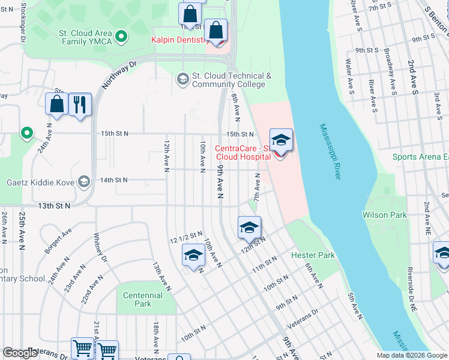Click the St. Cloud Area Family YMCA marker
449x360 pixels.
coord(122,37)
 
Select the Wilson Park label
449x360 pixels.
coord(384,215)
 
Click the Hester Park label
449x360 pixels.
coord(313,255)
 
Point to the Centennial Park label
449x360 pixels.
coord(143,299)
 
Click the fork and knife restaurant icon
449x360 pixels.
coord(79,104)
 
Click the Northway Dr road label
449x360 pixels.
coord(120,74)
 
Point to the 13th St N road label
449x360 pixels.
coord(53,206)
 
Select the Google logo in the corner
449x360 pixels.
coord(20,353)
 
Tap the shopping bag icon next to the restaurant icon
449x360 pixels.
coord(56,104)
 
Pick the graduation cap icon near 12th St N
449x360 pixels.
coord(249,227)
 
